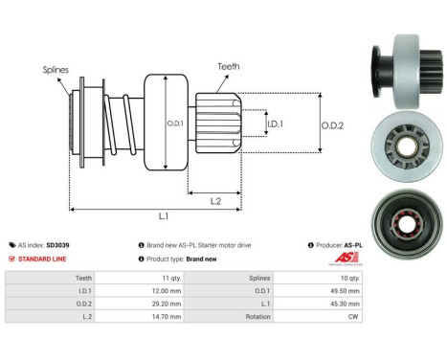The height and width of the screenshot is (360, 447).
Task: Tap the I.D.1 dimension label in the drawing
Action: coord(274,124)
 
